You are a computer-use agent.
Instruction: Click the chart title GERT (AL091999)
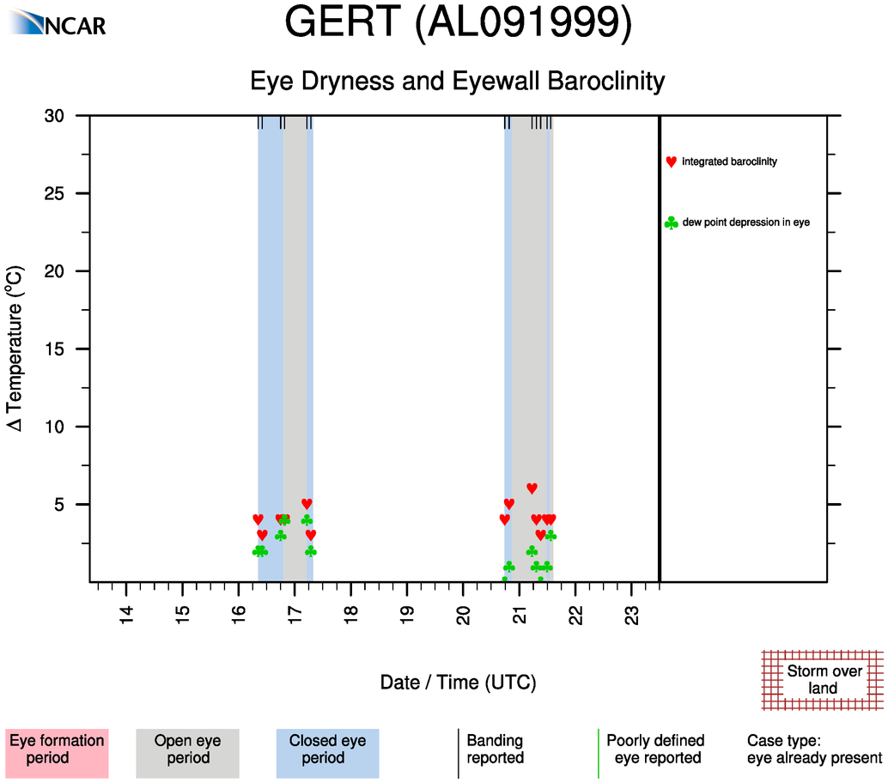pyautogui.click(x=458, y=24)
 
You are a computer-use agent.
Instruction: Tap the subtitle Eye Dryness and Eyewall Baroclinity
pyautogui.click(x=458, y=82)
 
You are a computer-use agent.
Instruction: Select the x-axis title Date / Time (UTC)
pyautogui.click(x=458, y=683)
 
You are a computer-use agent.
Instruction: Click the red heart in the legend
pyautogui.click(x=671, y=161)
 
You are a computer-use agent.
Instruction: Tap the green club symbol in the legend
pyautogui.click(x=671, y=223)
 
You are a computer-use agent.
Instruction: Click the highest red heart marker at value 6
pyautogui.click(x=532, y=489)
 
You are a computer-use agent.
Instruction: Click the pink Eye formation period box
pyautogui.click(x=57, y=750)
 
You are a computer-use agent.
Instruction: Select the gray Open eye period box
pyautogui.click(x=187, y=750)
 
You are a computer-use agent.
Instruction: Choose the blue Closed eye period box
pyautogui.click(x=327, y=750)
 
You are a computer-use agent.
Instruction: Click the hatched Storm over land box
pyautogui.click(x=823, y=680)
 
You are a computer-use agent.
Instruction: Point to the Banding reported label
pyautogui.click(x=495, y=750)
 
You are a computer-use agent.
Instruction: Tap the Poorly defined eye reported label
pyautogui.click(x=655, y=750)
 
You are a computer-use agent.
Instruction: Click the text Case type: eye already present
pyautogui.click(x=814, y=750)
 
